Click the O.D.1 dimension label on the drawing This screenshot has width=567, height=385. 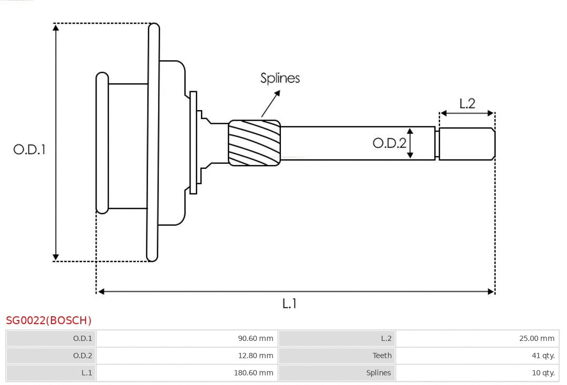29,149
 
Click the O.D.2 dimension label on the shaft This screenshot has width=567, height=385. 389,143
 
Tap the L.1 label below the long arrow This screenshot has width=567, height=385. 289,303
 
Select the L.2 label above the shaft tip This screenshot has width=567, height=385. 467,103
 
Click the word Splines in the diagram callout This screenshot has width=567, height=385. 280,78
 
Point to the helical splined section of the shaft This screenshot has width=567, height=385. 254,143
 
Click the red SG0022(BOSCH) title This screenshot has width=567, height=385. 48,320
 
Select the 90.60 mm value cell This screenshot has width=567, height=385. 256,338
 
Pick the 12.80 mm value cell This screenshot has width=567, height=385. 256,356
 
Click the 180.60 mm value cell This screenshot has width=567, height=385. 254,373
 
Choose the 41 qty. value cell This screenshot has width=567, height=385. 543,356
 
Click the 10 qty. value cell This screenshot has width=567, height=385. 543,373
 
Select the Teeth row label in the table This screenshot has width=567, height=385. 382,356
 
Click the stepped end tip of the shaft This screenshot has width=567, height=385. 467,144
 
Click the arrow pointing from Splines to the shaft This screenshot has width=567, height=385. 270,104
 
